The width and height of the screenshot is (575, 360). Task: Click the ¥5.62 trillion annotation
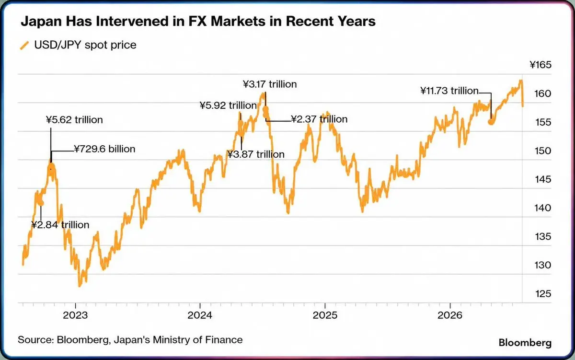click(74, 120)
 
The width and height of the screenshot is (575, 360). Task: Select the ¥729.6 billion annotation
click(105, 149)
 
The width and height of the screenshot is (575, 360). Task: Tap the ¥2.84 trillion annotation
click(60, 225)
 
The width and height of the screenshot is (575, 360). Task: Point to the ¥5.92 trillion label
click(228, 105)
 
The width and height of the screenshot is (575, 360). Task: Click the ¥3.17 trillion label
click(270, 84)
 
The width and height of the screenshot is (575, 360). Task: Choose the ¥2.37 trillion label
click(319, 119)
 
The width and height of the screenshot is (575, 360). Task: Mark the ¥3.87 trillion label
click(256, 154)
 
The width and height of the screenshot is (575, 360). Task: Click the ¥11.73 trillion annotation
click(449, 91)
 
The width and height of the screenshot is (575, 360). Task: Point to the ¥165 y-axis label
click(540, 65)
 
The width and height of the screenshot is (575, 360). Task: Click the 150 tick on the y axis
click(543, 151)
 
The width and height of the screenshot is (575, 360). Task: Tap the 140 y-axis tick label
click(543, 208)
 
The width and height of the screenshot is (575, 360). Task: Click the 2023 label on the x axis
click(75, 315)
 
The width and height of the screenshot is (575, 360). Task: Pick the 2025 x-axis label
click(325, 315)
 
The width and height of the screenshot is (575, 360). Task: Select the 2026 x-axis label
click(450, 315)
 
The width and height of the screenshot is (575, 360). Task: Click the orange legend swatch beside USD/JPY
click(24, 46)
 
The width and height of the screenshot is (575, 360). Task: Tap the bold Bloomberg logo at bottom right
click(525, 343)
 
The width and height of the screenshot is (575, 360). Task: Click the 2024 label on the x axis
click(200, 315)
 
